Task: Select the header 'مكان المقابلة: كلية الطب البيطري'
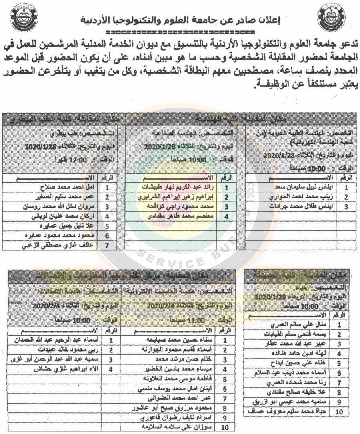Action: tap(64, 118)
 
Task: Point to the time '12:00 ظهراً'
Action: tap(74, 159)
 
